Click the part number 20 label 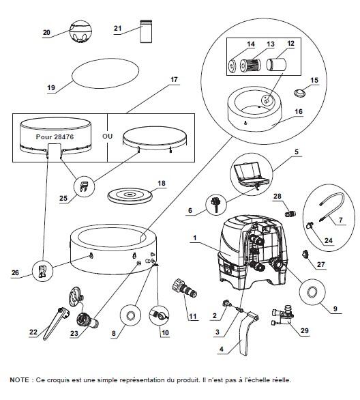click(46, 32)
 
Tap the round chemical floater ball click(80, 32)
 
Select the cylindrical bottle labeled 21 click(146, 31)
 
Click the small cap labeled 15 click(300, 93)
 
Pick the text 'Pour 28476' click(55, 137)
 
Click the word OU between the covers click(107, 136)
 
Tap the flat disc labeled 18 click(130, 195)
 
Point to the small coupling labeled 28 click(290, 212)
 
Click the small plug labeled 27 click(305, 255)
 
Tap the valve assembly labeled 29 click(284, 315)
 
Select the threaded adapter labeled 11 click(185, 289)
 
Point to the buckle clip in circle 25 click(85, 186)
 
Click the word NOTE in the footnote click(19, 380)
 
